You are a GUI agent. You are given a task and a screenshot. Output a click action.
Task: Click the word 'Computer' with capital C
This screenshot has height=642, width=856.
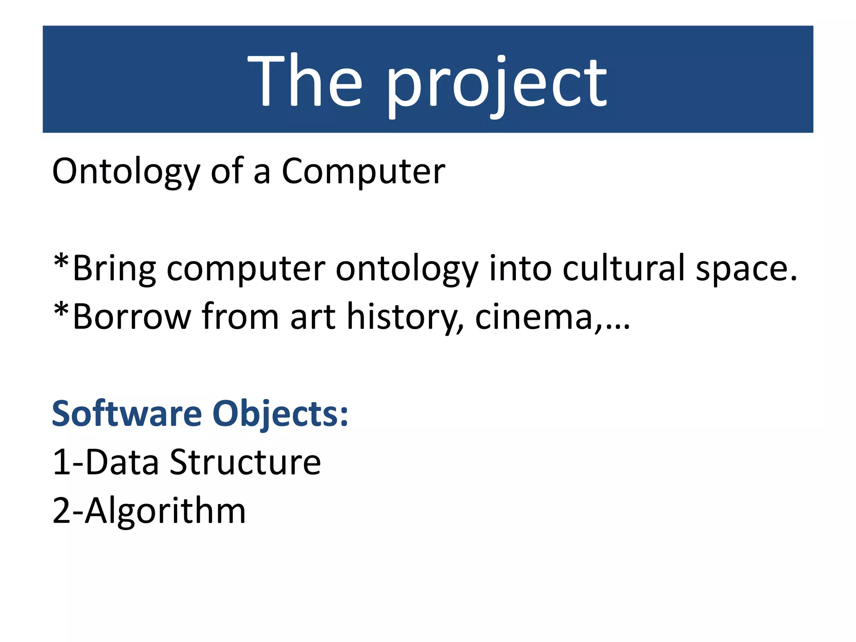(363, 172)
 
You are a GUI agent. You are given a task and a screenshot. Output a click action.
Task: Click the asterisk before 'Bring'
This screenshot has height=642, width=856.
(61, 262)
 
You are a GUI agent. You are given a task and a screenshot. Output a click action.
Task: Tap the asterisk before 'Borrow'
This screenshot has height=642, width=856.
(61, 311)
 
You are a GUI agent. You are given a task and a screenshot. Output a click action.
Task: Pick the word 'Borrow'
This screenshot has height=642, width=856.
(132, 317)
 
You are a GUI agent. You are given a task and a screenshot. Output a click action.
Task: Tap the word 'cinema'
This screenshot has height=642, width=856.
(534, 317)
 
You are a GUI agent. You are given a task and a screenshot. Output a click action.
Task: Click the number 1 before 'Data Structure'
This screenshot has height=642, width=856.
(61, 462)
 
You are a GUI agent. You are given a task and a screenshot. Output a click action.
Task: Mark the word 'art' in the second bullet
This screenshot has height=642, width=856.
(313, 317)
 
